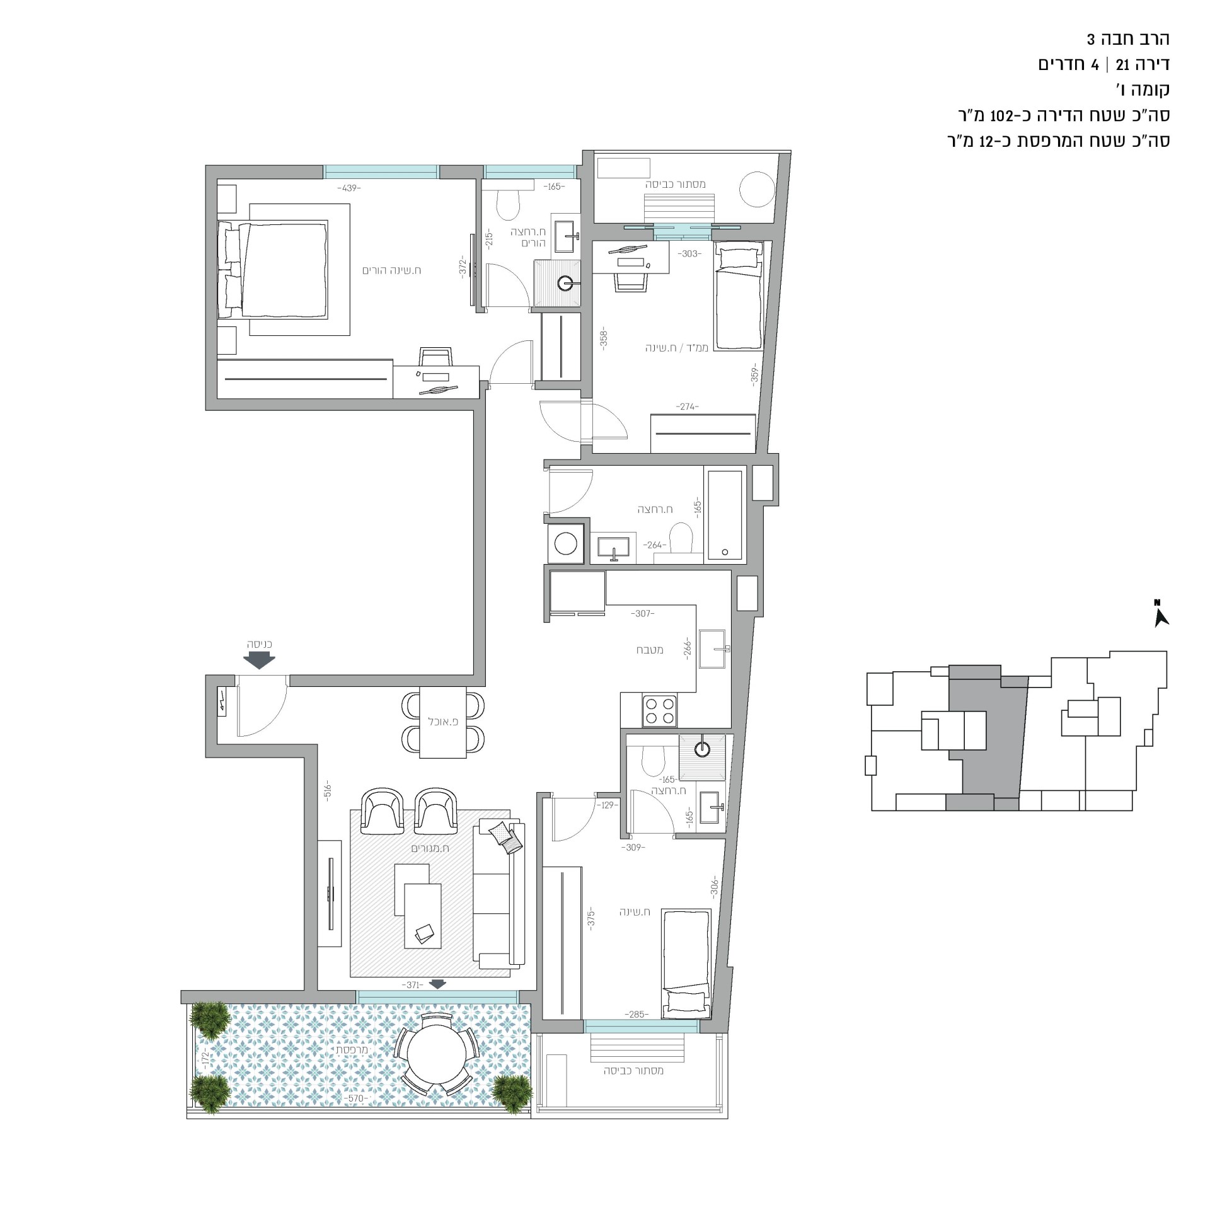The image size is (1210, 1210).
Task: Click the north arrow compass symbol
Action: [1161, 614]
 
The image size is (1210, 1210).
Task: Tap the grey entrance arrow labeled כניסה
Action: [259, 660]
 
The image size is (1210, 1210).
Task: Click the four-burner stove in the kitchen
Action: [659, 710]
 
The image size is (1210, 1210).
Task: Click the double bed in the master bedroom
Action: [273, 269]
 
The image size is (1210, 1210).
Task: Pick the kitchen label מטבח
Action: [650, 650]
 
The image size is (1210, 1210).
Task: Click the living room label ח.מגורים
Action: [430, 848]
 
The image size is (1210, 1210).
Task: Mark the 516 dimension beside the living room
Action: [328, 790]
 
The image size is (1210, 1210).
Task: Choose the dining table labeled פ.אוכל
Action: [442, 722]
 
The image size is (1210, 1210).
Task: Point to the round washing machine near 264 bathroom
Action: [565, 544]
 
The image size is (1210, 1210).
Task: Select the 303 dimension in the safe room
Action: [689, 254]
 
